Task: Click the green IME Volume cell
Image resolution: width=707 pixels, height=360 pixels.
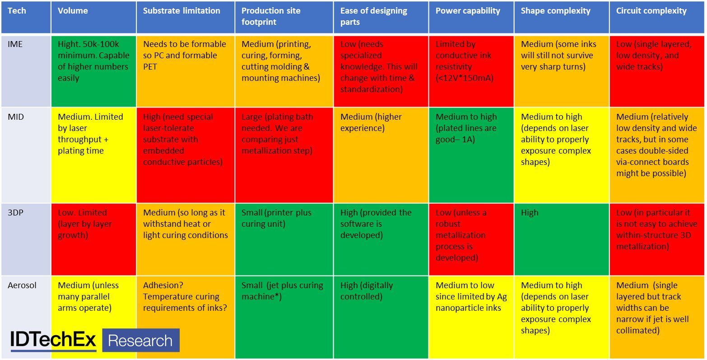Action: (93, 71)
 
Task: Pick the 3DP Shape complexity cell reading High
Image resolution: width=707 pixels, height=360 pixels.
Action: (562, 239)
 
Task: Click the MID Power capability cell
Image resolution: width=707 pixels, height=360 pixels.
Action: (471, 155)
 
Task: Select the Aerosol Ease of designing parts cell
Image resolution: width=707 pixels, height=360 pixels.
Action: (381, 317)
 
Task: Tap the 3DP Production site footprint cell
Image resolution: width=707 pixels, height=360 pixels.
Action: (284, 239)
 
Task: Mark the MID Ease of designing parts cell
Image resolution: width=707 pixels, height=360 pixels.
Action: (381, 155)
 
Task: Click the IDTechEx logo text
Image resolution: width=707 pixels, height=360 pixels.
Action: (53, 340)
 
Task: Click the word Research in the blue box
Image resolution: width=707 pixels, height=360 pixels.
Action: (140, 341)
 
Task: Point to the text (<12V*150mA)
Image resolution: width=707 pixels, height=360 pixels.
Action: (465, 78)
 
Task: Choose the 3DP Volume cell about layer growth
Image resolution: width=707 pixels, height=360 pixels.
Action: (93, 239)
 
